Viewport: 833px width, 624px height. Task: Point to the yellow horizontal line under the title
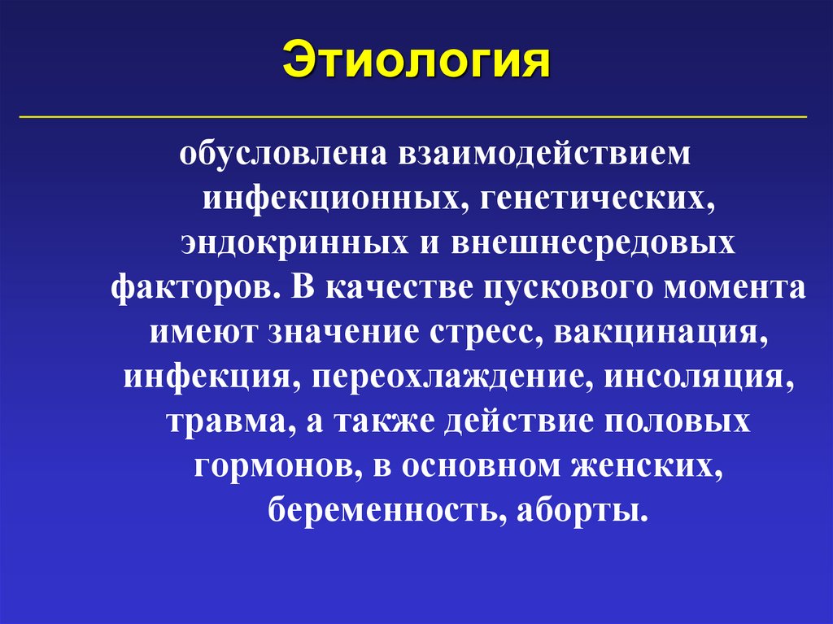point(412,117)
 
